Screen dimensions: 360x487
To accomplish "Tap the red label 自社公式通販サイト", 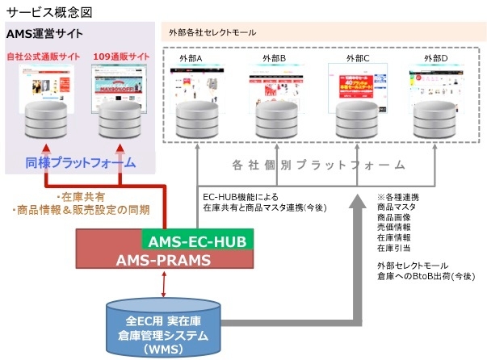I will point(44,57).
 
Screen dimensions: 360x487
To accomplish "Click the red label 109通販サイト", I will point(120,57).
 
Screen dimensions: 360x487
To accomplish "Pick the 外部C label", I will point(357,59).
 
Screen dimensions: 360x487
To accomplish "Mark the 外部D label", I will point(435,59).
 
